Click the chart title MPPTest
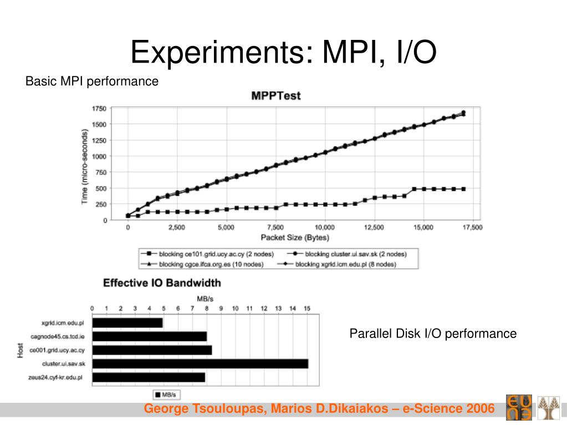tap(276, 96)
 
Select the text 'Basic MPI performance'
tap(92, 81)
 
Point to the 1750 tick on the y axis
tap(99, 109)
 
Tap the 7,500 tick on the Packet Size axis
tap(275, 227)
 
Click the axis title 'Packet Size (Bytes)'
tap(295, 238)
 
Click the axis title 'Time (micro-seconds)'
tap(85, 166)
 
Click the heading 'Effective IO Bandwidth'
tap(162, 283)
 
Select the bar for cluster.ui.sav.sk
tap(200, 363)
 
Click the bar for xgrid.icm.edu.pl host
tap(127, 322)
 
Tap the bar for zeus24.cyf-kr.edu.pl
tap(149, 377)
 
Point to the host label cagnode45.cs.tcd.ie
tap(59, 336)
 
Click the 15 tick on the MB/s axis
tap(307, 308)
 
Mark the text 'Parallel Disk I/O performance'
tap(432, 334)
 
